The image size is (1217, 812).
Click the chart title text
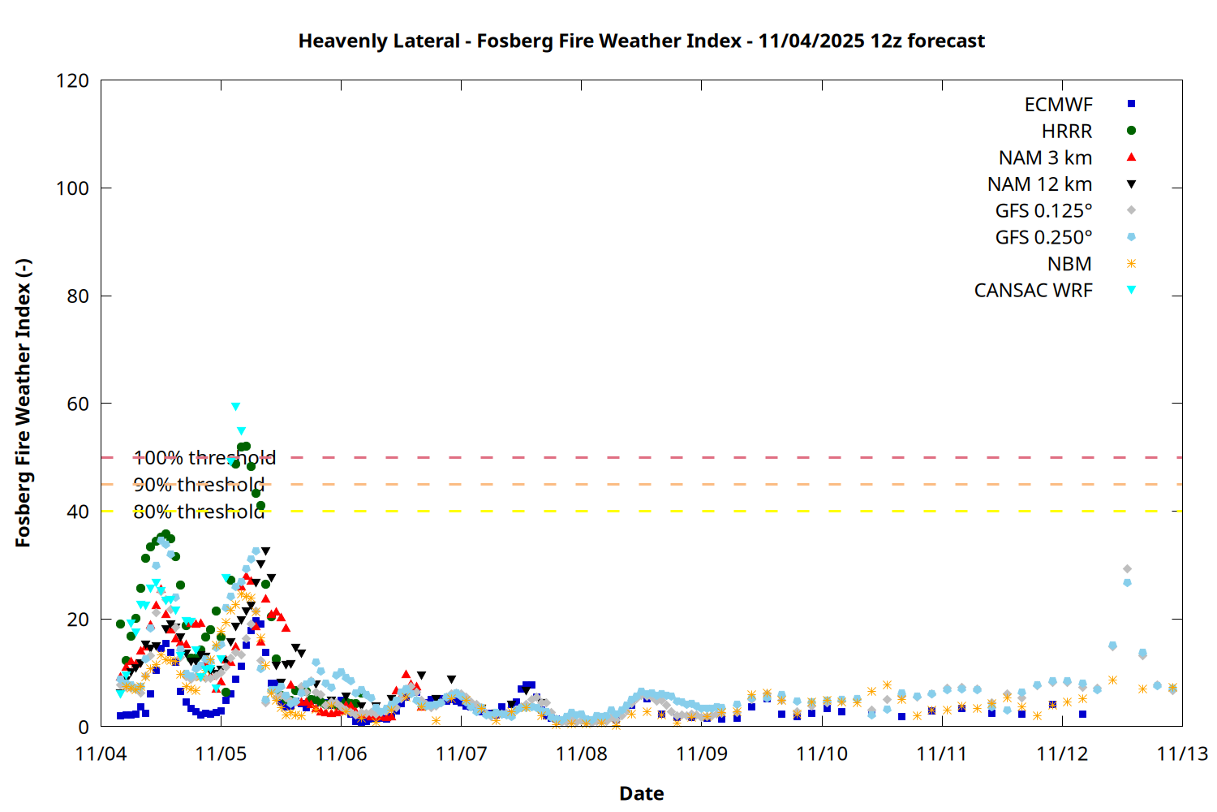[641, 41]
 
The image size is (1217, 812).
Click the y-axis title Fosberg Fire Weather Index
[23, 403]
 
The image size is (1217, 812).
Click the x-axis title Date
[641, 793]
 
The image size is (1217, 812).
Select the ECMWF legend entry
[1058, 105]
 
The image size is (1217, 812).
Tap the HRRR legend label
[1067, 132]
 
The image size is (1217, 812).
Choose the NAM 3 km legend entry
[1045, 158]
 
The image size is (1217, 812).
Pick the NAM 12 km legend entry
[1039, 184]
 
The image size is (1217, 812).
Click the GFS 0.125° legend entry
[1043, 211]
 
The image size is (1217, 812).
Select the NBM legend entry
[1069, 264]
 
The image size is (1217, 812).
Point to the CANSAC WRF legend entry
[1033, 291]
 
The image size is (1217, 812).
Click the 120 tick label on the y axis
[72, 80]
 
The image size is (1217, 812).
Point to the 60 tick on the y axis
[78, 404]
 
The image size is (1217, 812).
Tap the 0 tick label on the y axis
[84, 727]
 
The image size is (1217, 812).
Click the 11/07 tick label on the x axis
[461, 754]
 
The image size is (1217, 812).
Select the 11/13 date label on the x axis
[1181, 754]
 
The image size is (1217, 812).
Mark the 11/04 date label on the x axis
[101, 754]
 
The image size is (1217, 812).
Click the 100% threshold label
[204, 458]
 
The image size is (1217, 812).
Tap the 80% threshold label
[199, 512]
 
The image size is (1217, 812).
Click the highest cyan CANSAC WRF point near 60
[235, 407]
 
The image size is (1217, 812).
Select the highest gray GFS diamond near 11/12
[1127, 569]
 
